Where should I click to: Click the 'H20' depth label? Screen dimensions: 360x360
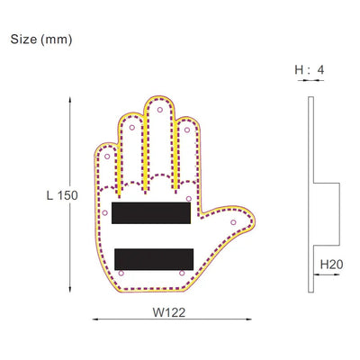coord(330,265)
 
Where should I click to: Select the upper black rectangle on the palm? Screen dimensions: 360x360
coord(150,214)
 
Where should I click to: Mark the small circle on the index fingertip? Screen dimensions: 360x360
coord(187,130)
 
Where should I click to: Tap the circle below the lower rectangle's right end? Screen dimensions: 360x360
coord(182,274)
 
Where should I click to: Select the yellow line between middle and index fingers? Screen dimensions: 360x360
coord(173,148)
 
